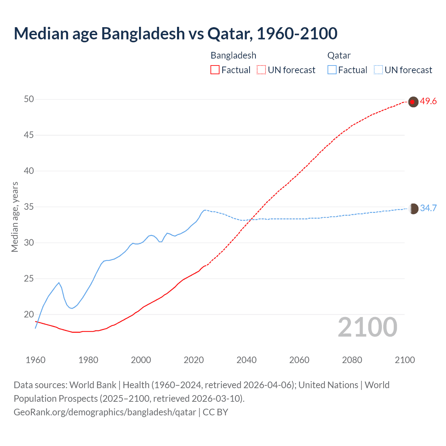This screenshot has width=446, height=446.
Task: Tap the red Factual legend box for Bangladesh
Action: (x=215, y=70)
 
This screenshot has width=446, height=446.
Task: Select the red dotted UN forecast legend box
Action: (x=261, y=70)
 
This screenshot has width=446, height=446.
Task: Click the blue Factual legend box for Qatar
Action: (x=332, y=70)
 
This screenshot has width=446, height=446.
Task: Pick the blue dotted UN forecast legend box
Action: (x=378, y=70)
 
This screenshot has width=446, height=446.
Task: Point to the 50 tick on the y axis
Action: (x=29, y=99)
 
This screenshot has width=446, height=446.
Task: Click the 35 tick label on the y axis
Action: (x=29, y=207)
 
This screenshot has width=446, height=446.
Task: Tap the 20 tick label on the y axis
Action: (x=29, y=315)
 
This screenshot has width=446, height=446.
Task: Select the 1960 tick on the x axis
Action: (x=36, y=360)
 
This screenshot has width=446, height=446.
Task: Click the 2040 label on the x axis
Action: (x=246, y=360)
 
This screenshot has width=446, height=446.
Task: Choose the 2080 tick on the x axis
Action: (x=352, y=360)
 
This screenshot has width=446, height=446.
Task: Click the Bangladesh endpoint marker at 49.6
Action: (x=413, y=102)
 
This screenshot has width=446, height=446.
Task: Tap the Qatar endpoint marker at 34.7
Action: (x=413, y=209)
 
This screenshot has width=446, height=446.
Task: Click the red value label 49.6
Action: (x=428, y=101)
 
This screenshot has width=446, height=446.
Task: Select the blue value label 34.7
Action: (x=428, y=208)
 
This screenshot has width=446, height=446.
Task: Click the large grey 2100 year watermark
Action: (x=368, y=327)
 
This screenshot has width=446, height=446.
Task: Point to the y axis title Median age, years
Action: (x=15, y=217)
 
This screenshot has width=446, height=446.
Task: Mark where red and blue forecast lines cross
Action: (x=250, y=219)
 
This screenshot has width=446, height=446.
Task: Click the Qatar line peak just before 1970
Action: (x=59, y=283)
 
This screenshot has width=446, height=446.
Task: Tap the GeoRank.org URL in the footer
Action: (x=105, y=412)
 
